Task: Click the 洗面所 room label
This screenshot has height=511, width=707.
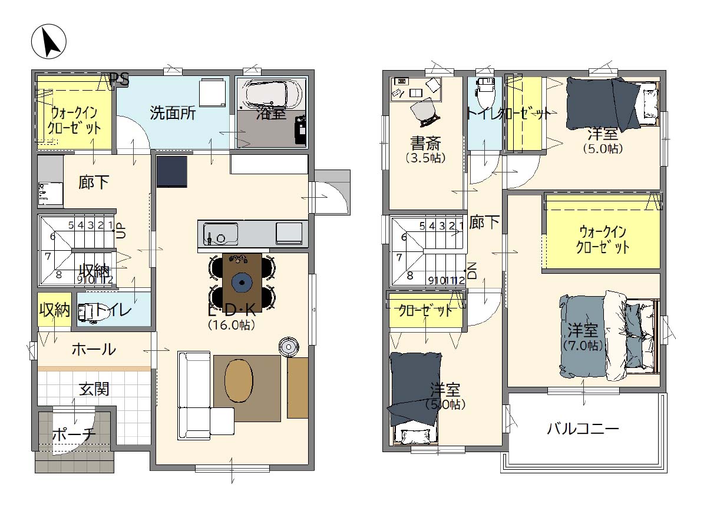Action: (172, 113)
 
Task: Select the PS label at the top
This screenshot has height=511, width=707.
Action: (119, 79)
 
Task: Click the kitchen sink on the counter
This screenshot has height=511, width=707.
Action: (220, 236)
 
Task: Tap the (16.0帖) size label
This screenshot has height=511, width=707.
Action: (231, 324)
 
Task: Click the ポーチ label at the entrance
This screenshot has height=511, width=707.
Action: (73, 435)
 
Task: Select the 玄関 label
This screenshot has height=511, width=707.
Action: (94, 389)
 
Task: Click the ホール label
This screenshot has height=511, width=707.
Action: (94, 349)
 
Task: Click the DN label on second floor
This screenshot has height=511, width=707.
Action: (471, 271)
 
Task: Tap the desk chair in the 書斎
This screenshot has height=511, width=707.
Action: (424, 112)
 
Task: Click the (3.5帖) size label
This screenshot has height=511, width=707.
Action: (425, 158)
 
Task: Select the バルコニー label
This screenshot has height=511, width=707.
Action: (583, 429)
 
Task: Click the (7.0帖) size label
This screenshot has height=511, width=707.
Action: (583, 346)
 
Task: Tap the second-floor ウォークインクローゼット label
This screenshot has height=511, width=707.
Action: (602, 240)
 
